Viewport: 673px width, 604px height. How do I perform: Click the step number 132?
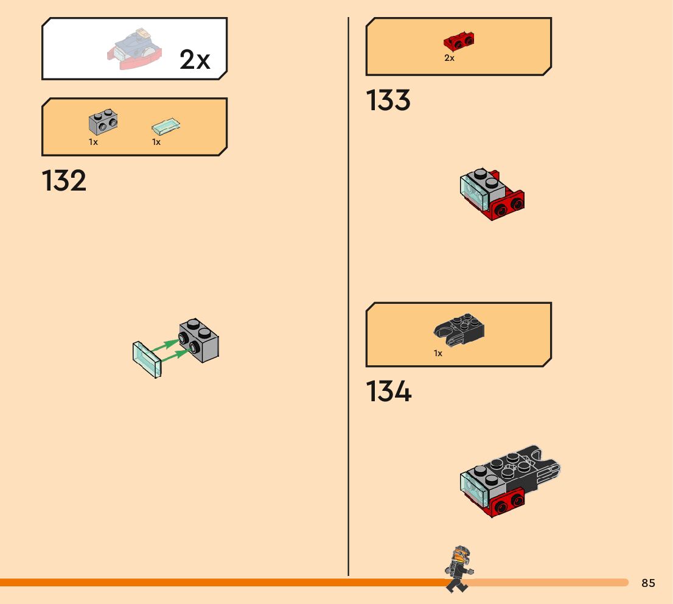tap(64, 181)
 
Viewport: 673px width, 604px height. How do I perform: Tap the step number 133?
tap(388, 100)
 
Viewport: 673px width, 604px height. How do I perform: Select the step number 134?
tap(388, 392)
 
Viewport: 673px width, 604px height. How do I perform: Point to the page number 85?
tap(648, 583)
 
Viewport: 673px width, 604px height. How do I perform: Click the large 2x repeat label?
tap(195, 60)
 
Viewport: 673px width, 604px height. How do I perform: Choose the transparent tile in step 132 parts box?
tap(166, 127)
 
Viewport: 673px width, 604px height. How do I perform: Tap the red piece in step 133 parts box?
tap(459, 41)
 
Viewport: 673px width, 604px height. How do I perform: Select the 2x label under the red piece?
tap(449, 58)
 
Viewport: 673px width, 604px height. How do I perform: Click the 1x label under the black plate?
tap(438, 353)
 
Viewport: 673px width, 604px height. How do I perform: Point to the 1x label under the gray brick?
tap(93, 142)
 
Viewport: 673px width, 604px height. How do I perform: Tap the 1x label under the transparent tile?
tap(156, 142)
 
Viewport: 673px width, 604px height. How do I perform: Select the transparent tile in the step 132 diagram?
tap(147, 358)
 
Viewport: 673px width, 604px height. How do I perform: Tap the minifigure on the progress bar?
tap(458, 569)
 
